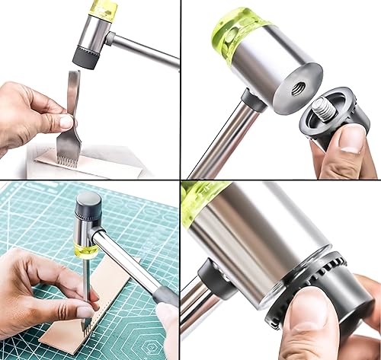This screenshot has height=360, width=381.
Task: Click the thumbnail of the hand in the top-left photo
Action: pyautogui.click(x=66, y=120)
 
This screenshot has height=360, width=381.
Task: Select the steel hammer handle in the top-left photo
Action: pyautogui.click(x=145, y=51)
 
